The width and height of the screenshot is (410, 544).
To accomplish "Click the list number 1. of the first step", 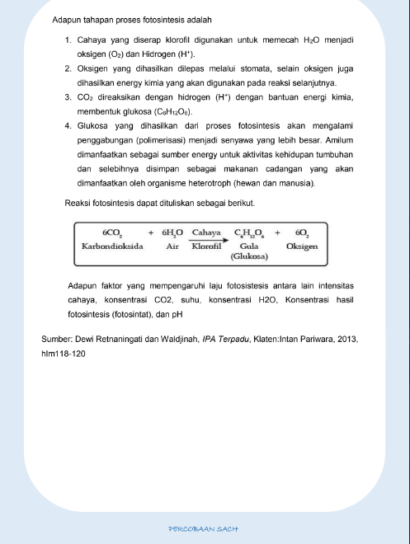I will tap(69, 40).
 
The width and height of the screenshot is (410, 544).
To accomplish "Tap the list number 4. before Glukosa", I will tap(69, 125).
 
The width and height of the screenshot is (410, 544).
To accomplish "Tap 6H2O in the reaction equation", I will tap(173, 232).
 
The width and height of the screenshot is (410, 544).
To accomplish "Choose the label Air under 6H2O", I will tap(173, 246).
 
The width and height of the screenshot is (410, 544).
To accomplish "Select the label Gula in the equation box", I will tap(248, 246).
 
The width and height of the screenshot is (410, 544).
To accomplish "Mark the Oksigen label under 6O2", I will tap(302, 246).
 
